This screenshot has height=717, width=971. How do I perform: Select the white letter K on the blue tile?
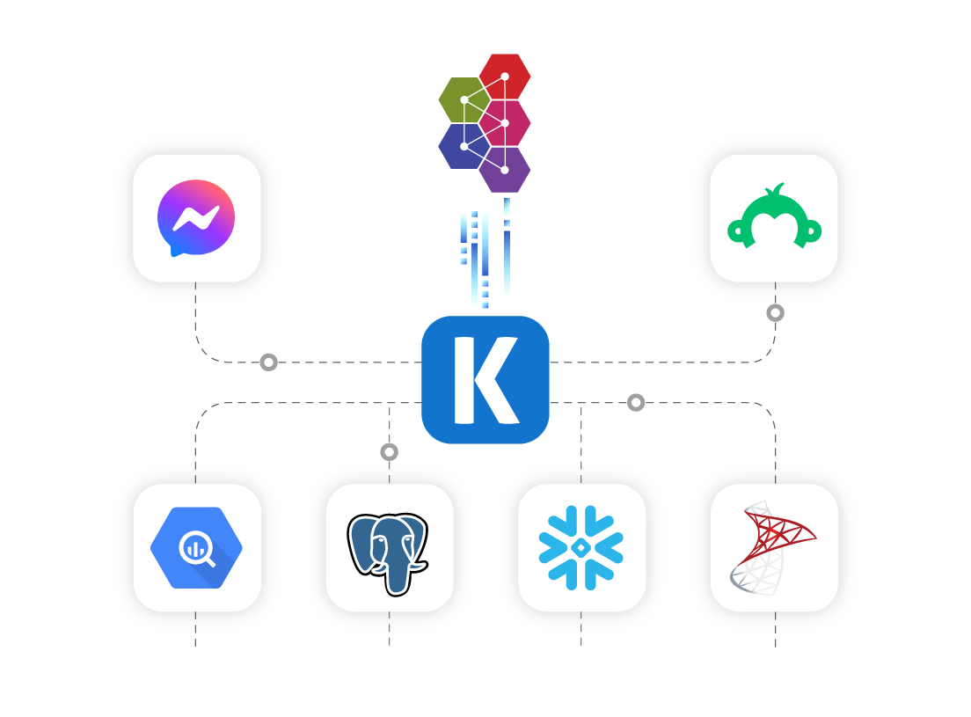tap(486, 380)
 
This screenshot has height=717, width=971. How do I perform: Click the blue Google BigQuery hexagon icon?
tap(196, 548)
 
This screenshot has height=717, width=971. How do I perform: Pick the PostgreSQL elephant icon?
tap(388, 553)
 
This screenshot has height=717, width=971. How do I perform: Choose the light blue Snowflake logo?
tap(580, 548)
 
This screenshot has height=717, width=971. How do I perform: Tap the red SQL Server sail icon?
tap(773, 548)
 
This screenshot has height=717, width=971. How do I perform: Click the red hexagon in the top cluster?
tap(505, 77)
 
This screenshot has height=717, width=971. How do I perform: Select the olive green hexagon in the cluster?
tap(464, 100)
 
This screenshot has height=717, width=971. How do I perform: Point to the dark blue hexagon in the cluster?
tap(464, 146)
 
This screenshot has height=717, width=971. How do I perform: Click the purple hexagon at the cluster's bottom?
tap(505, 170)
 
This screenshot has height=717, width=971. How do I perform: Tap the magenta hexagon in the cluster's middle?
tap(505, 123)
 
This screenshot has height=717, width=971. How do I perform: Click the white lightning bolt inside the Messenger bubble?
tap(196, 218)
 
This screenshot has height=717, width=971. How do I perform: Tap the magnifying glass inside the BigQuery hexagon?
tap(198, 550)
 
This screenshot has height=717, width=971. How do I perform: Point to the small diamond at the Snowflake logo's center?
tap(580, 548)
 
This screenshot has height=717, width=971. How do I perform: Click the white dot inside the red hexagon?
tap(505, 77)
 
